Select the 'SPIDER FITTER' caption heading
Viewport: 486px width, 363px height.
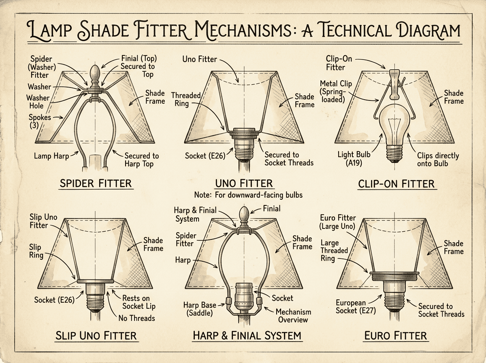(x=96, y=184)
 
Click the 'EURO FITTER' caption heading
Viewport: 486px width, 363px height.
(x=395, y=335)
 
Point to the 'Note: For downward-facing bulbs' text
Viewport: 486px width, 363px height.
(x=248, y=195)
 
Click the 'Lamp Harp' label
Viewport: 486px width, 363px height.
(x=51, y=156)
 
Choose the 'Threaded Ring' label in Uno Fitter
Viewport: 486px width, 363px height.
(x=186, y=99)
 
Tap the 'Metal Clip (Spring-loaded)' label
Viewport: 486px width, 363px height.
(x=335, y=92)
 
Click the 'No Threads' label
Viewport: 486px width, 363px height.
(x=136, y=318)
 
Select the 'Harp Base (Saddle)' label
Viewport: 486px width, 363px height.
(x=200, y=309)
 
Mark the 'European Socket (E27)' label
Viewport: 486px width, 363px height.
(x=356, y=307)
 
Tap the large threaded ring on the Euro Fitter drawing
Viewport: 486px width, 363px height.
(x=394, y=276)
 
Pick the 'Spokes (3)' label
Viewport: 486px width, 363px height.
(x=40, y=121)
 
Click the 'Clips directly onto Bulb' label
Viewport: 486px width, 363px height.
(x=438, y=160)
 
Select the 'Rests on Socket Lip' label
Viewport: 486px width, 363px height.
(x=139, y=302)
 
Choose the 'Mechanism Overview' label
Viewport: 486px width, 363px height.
(x=293, y=316)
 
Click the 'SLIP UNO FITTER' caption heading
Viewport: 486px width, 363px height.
(x=96, y=335)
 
